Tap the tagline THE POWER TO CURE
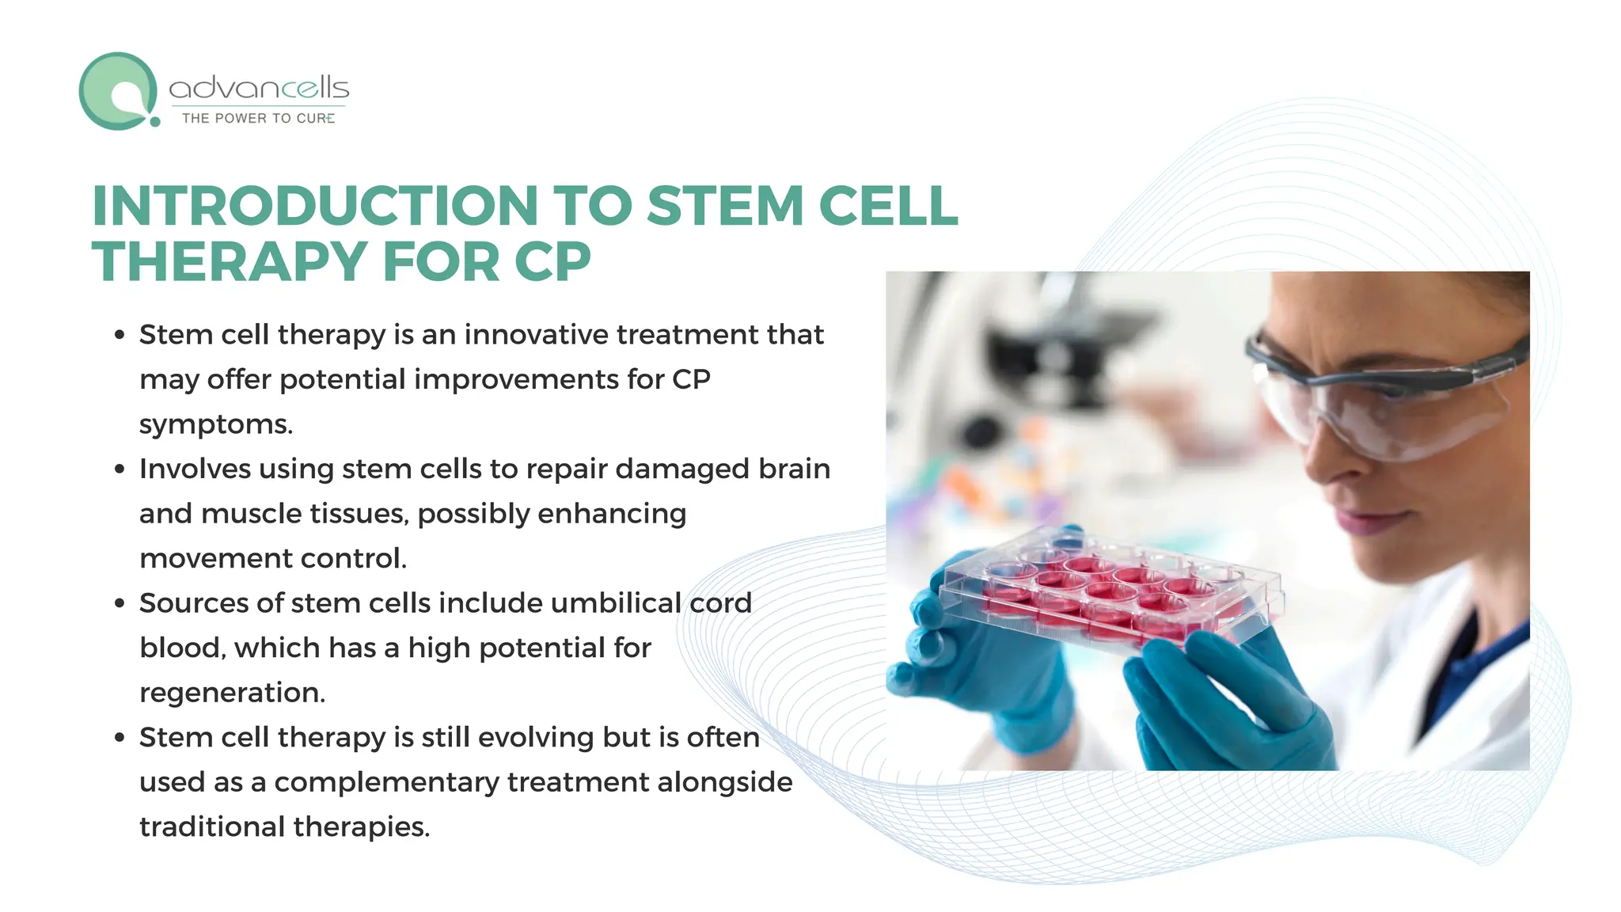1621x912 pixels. tap(258, 118)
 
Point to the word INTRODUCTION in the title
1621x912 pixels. tap(316, 206)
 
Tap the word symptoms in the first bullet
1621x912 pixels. tap(215, 424)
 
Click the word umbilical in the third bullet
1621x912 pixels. tap(615, 603)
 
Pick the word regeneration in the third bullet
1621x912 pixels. tap(232, 693)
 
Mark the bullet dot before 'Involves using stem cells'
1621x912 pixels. tap(120, 469)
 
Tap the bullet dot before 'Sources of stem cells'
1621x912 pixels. tap(120, 603)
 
